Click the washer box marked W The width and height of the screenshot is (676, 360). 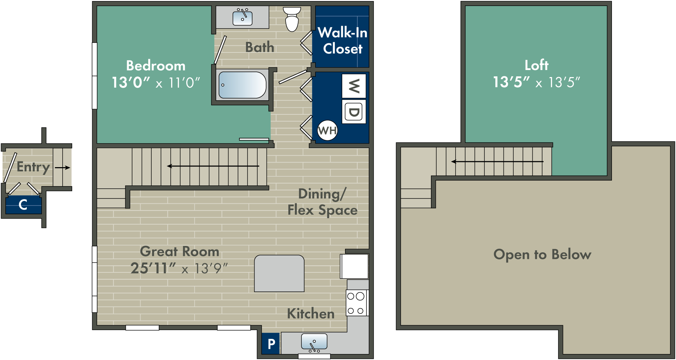coord(354,86)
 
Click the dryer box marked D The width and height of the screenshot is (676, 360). coord(354,112)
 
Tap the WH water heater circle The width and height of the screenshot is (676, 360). coord(327,131)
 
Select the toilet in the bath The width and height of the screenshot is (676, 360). coord(292,20)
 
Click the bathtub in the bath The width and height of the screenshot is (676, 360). coord(242,85)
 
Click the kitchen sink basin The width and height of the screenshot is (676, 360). coord(314,341)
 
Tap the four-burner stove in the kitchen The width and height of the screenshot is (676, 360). coord(356,303)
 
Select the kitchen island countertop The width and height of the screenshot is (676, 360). coord(279,273)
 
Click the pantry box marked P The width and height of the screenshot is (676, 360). coord(271,343)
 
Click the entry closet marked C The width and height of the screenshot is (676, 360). coord(23,204)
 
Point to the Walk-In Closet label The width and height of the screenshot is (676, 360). coord(343,40)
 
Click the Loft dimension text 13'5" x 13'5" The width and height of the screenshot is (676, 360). coord(536,82)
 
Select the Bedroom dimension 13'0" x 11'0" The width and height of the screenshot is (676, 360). coord(156,83)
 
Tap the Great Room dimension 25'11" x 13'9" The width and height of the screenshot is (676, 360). coord(179,269)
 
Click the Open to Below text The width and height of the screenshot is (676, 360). coord(542,254)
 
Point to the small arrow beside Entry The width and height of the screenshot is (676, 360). coord(63,168)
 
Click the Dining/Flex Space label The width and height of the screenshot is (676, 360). coord(322,202)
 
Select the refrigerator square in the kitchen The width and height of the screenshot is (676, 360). coord(354,266)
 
